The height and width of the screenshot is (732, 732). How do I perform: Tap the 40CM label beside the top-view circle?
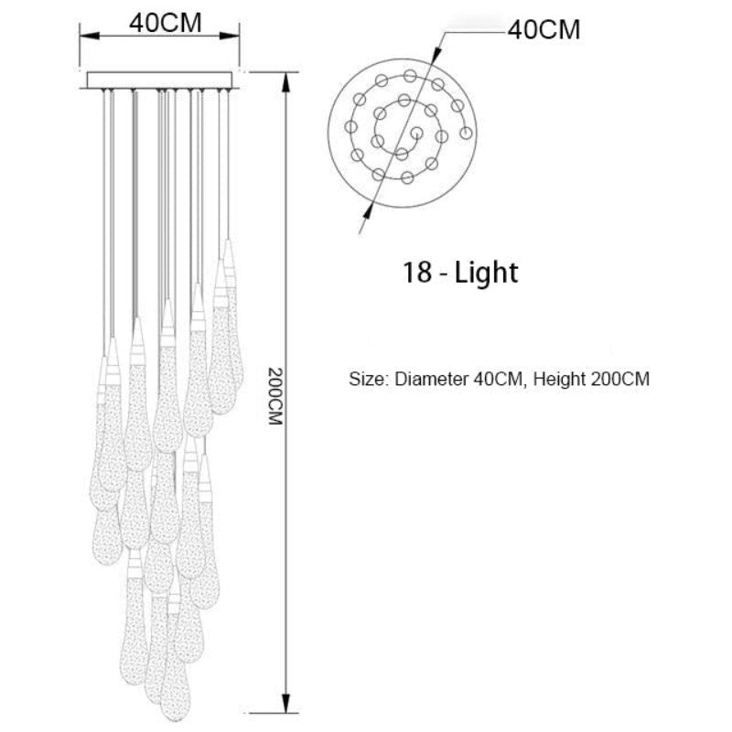pos(544,30)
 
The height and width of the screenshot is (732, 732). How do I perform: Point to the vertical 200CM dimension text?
pos(275,396)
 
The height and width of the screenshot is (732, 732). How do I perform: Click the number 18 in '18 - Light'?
pos(417,272)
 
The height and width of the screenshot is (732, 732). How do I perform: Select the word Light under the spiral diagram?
pos(486,273)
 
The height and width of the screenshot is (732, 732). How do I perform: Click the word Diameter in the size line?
pos(431,379)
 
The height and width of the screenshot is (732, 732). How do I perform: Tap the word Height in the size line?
pos(559,379)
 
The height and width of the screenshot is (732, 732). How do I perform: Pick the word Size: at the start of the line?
pos(368,379)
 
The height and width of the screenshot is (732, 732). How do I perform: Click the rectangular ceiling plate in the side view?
pos(159,80)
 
